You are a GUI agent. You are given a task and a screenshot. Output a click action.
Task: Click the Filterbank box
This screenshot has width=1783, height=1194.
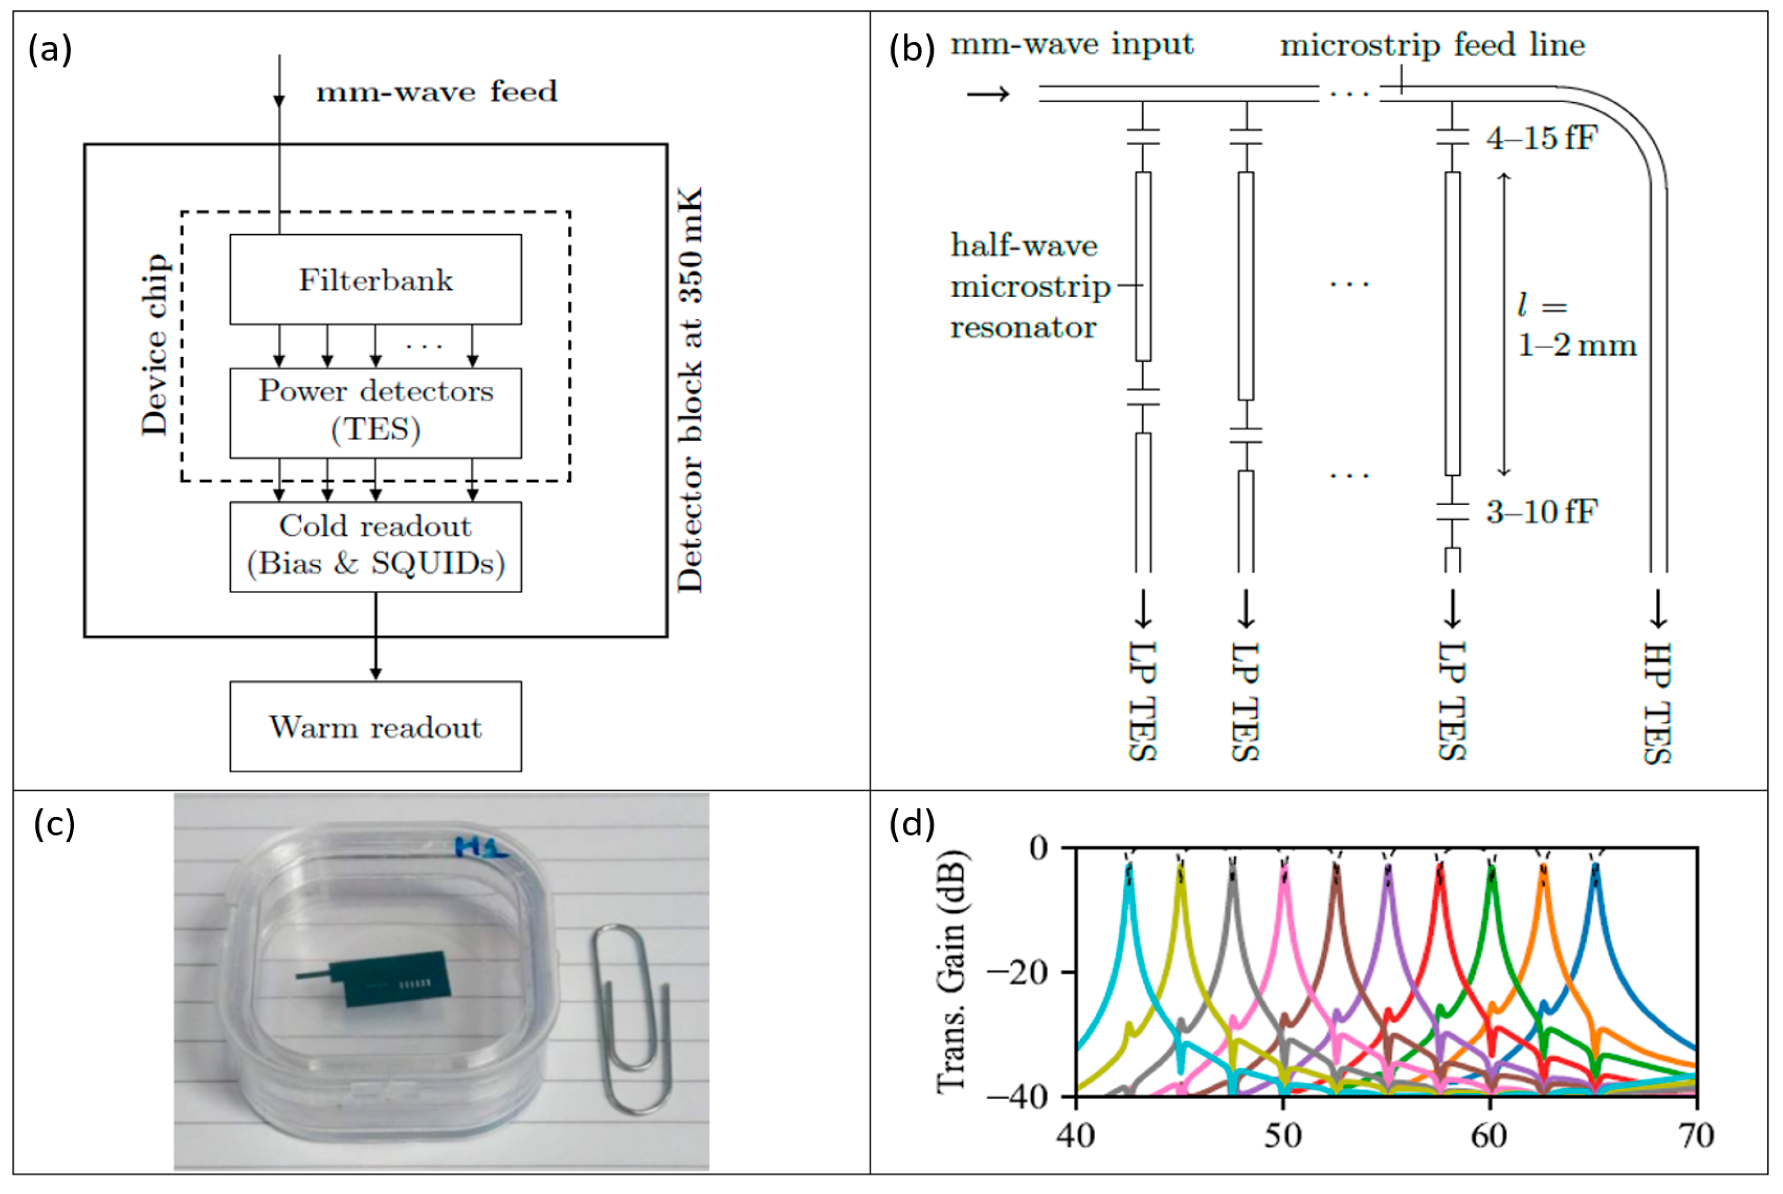(x=375, y=280)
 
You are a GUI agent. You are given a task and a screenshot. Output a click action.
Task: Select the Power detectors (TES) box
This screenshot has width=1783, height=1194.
(x=375, y=413)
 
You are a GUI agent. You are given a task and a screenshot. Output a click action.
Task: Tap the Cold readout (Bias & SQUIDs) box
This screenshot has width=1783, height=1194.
(x=375, y=546)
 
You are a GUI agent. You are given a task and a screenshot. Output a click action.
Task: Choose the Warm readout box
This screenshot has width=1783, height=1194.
(x=375, y=726)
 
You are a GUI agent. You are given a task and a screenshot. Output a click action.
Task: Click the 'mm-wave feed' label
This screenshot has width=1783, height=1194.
(x=436, y=92)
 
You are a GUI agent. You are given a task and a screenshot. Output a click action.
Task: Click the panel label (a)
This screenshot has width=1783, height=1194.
(x=50, y=50)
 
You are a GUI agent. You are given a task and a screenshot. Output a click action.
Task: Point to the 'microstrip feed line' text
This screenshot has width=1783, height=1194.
(x=1432, y=45)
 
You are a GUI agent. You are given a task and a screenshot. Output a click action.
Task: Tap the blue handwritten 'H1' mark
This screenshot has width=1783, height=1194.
(x=481, y=847)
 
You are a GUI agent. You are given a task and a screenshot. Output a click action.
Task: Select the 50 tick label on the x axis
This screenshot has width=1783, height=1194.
(x=1283, y=1136)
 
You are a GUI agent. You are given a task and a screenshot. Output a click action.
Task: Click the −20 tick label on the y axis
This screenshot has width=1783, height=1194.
(x=1020, y=972)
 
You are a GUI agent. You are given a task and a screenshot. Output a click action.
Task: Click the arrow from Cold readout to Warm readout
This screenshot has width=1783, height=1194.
(x=375, y=636)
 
